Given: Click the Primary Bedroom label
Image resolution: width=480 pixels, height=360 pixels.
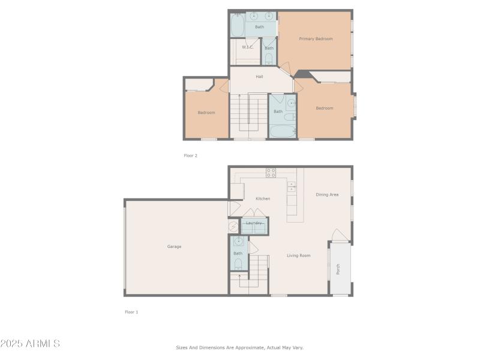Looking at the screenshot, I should pos(316,39).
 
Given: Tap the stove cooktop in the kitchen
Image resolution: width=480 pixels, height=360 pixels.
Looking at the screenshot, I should pos(271,173).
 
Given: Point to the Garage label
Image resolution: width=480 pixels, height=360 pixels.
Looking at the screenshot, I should pos(174,247).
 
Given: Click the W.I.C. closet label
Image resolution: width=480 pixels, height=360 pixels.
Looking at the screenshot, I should pos(247,47).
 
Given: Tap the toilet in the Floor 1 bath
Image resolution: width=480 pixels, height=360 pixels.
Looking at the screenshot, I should pos(238,263).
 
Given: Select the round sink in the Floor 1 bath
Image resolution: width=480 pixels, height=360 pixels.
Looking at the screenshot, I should pos(238,242).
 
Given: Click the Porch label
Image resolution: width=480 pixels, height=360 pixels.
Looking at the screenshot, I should pos(338,270).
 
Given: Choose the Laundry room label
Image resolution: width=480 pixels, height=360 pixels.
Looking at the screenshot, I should pos(254,223).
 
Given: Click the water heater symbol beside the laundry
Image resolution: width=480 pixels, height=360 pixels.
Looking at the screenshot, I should pos(233,226).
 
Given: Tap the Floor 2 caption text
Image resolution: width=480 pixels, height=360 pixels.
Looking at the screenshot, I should pos(190,155).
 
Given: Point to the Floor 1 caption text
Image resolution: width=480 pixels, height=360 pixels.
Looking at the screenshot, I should pos(131,312).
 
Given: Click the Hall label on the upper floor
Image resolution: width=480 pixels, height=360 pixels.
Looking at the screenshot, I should pos(259,77).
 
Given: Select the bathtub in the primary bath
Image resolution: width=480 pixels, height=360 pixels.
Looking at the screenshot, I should pos(237,25).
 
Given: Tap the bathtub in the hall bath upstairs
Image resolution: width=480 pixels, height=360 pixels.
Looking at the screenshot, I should pos(282,131).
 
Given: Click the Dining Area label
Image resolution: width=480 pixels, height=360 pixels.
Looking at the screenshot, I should pos(327,194).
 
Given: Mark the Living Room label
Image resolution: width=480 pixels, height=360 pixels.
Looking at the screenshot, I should pos(298,256).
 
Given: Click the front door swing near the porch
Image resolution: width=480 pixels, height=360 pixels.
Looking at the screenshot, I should pos(338,235).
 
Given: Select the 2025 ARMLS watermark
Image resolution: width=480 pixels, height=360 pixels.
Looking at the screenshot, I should pos(30,344).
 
